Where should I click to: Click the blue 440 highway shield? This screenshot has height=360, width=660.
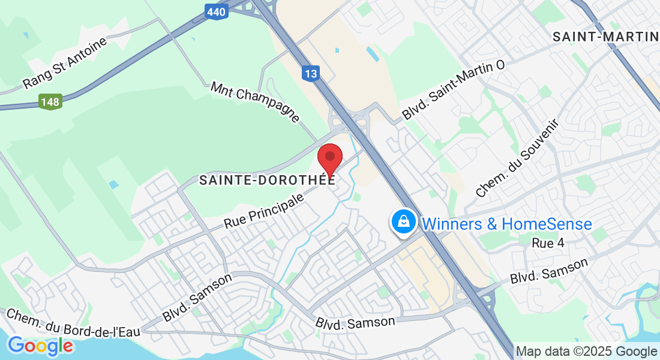(215, 11)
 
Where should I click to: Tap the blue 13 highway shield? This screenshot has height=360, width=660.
(310, 74)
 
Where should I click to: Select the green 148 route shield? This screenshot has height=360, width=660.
(50, 101)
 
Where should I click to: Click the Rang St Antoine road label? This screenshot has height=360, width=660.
(65, 63)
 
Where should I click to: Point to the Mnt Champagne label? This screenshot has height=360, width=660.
(255, 101)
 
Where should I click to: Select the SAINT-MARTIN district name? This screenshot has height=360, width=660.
(605, 37)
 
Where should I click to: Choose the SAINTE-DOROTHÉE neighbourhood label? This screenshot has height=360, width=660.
(266, 179)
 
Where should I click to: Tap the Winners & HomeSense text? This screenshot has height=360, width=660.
(507, 224)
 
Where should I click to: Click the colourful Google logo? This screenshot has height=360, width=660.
(40, 346)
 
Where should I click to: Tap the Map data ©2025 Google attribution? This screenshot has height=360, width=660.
(586, 352)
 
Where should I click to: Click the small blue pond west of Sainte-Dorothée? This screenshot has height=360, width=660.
(114, 184)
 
